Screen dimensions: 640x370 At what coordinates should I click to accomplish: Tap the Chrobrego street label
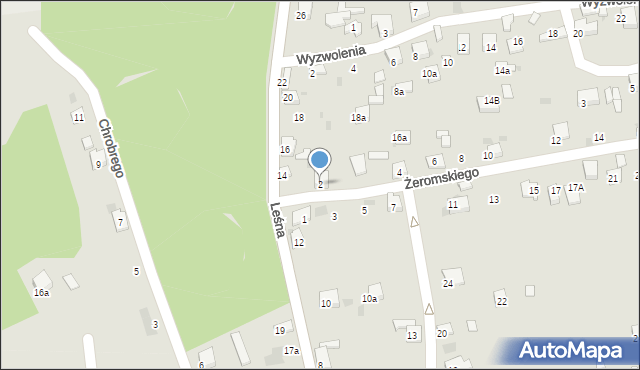[x=111, y=148]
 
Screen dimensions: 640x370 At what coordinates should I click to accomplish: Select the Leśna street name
[x=279, y=220]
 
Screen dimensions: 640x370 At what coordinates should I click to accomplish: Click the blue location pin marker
[x=320, y=160]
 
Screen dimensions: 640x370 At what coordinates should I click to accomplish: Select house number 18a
[x=358, y=117]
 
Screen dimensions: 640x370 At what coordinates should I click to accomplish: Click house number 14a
[x=502, y=71]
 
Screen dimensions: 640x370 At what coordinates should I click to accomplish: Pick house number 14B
[x=491, y=101]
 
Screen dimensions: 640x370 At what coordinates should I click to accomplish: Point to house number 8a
[x=399, y=91]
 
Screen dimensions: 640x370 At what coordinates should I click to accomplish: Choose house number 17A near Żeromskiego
[x=575, y=187]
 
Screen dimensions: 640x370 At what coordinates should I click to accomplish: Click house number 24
[x=448, y=284]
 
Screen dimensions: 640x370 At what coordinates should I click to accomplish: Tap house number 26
[x=301, y=16]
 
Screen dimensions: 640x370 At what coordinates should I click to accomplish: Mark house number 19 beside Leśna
[x=280, y=330]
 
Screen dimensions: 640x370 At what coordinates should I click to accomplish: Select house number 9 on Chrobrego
[x=98, y=164]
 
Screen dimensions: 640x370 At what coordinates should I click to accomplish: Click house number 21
[x=613, y=177]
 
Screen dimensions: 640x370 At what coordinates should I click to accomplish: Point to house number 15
[x=534, y=190]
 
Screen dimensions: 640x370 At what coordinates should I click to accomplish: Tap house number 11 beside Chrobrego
[x=78, y=117]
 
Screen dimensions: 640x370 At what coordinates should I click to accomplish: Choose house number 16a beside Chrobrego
[x=41, y=292]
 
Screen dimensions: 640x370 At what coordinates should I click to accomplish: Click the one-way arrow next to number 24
[x=429, y=309]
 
